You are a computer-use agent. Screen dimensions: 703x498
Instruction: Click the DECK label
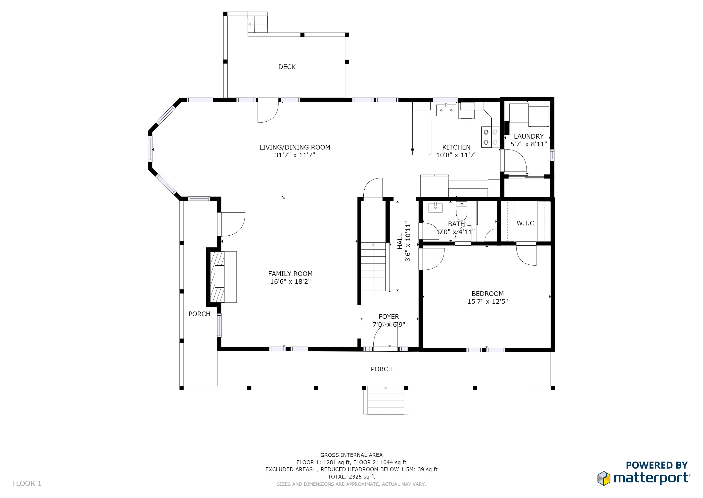[287, 67]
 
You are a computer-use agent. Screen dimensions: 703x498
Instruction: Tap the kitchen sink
[446, 110]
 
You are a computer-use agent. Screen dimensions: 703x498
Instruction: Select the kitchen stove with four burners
[490, 137]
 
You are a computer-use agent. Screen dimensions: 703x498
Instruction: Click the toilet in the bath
[461, 210]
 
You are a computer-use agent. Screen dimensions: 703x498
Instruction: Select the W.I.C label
[525, 223]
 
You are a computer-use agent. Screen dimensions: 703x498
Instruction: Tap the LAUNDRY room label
[529, 136]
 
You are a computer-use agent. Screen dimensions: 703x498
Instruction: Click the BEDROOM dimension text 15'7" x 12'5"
[487, 302]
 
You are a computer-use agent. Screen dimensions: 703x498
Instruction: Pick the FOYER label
[389, 316]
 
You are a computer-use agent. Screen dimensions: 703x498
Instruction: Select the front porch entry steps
[386, 400]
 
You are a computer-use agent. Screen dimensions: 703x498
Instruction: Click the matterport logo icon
[604, 478]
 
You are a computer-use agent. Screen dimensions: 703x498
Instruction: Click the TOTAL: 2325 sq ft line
[351, 477]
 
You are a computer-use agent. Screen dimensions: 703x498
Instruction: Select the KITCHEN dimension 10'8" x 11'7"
[456, 155]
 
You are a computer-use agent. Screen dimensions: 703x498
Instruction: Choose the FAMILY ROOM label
[290, 274]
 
